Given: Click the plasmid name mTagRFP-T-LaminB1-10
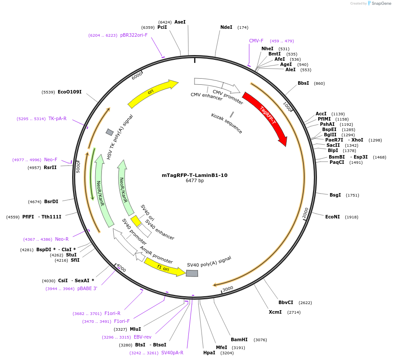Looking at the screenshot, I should [x=195, y=175].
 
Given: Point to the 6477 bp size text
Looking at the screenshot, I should [x=195, y=181].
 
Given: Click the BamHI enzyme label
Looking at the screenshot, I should [x=239, y=339].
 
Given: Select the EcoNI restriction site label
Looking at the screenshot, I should [x=332, y=217].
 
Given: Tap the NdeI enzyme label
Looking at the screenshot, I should [x=226, y=27].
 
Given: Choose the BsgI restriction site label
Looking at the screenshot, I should [x=335, y=195].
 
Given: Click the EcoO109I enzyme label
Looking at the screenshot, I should [x=70, y=92].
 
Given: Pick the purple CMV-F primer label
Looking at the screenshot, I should [x=256, y=41].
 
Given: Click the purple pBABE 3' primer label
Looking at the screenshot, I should [x=87, y=288].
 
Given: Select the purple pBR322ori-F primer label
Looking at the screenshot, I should [x=134, y=35].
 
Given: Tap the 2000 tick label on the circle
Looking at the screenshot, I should [x=306, y=212].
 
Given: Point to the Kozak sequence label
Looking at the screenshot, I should [x=226, y=123].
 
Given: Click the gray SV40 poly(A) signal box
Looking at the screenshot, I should [x=192, y=273].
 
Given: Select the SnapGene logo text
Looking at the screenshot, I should [x=380, y=3].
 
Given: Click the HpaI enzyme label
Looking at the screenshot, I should [x=209, y=353].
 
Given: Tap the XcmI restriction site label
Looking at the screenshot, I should [x=275, y=312].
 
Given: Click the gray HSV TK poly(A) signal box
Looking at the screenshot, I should [x=110, y=132].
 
